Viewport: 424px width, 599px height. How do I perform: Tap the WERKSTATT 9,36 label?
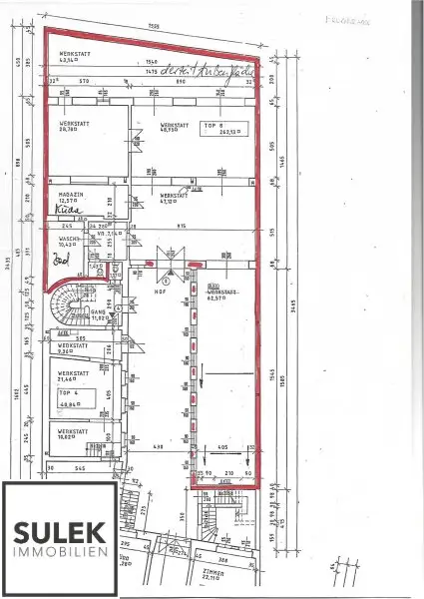click(x=72, y=350)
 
